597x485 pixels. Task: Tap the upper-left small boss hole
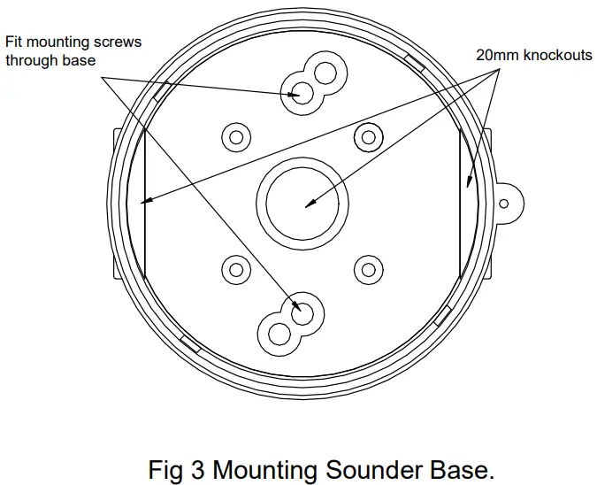point(236,136)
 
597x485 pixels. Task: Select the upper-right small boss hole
point(367,136)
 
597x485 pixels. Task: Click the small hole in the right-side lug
point(503,203)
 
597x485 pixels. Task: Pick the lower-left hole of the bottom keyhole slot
point(279,334)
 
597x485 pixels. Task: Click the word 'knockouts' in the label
point(555,55)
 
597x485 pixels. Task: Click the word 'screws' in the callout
point(118,42)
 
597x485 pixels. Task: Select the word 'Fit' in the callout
point(15,42)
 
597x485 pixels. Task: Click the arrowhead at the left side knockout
point(148,202)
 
